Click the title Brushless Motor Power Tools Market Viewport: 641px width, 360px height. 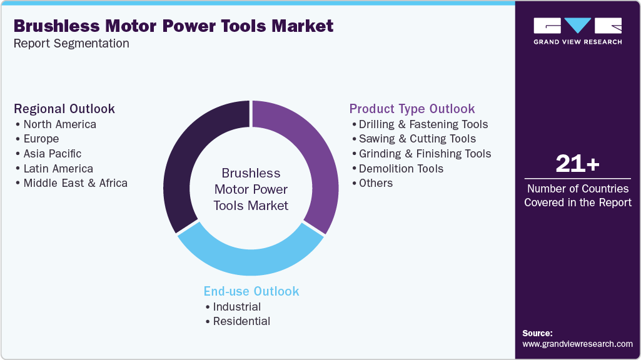coord(174,26)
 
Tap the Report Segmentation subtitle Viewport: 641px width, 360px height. coord(71,43)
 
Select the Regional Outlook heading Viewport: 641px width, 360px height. coord(64,109)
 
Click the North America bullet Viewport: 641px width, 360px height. coord(59,124)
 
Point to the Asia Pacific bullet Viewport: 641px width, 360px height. coord(52,154)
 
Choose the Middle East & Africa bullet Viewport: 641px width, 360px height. coord(75,183)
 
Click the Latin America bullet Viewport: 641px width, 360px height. coord(58,169)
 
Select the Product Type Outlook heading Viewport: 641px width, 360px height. coord(412,109)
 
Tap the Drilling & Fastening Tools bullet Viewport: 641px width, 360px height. coord(423,124)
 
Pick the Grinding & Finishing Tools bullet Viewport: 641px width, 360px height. coord(425,154)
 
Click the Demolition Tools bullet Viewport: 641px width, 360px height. coord(401,169)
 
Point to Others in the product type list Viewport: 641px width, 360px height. coord(375,183)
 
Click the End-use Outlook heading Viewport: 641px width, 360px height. coord(251,291)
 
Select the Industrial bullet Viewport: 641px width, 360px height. coord(236,307)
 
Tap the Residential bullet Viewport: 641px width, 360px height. coord(241,321)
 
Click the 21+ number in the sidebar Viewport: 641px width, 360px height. coord(577,164)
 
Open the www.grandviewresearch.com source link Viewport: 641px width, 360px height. coord(577,344)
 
